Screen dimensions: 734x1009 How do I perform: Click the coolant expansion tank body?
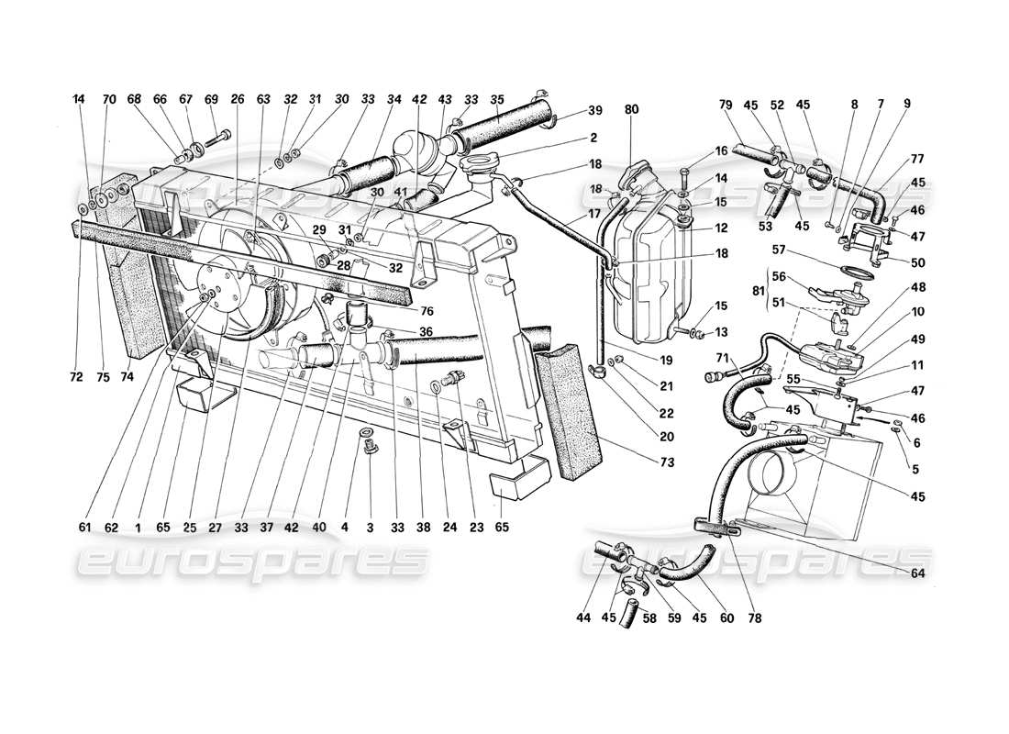[650, 266]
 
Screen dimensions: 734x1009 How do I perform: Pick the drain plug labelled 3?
[371, 450]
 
